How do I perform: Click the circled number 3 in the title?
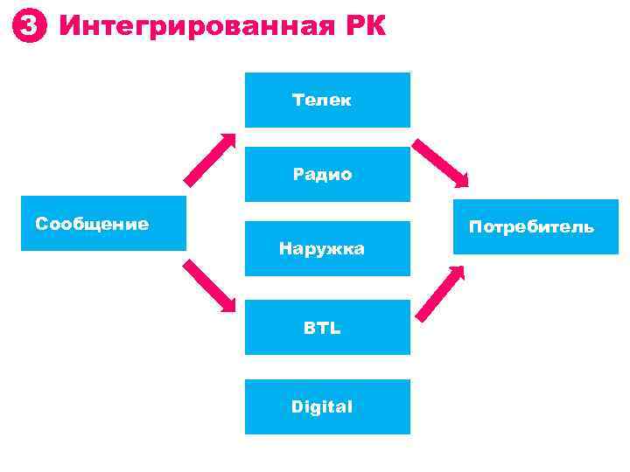[x=29, y=27]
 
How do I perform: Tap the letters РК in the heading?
[x=358, y=26]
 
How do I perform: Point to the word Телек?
[x=322, y=100]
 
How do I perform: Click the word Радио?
[x=323, y=175]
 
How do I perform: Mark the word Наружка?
[x=322, y=249]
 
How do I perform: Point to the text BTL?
[x=322, y=329]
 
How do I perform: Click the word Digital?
[x=322, y=406]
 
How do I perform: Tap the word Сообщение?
[x=92, y=224]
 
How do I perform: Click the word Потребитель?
[x=531, y=227]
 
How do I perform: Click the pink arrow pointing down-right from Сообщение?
[x=209, y=285]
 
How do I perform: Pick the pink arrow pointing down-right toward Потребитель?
[x=441, y=163]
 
